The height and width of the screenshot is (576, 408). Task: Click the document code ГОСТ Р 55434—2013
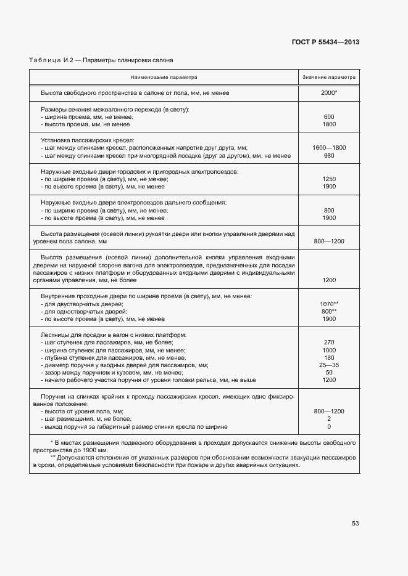coord(325,43)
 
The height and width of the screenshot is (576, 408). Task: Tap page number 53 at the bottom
coord(355,524)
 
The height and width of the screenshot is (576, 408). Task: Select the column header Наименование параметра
coord(164,78)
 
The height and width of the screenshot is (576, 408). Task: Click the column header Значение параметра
coord(328,78)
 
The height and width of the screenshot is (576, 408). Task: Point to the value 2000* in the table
coord(328,92)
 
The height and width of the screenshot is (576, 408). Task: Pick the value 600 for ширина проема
coord(328,116)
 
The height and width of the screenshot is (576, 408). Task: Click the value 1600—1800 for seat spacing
coord(328,148)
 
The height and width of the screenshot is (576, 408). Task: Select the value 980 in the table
coord(328,156)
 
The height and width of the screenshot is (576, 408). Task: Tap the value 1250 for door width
coord(328,179)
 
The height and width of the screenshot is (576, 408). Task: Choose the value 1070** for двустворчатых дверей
coord(328,304)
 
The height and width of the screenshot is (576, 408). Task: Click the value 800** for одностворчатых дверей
coord(328,312)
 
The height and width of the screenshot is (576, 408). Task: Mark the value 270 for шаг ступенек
coord(328,343)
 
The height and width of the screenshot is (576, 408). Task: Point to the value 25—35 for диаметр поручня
coord(328,365)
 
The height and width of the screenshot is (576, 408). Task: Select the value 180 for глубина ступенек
coord(328,358)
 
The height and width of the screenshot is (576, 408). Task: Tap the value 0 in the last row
coord(328,426)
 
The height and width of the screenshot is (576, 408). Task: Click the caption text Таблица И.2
coord(51,60)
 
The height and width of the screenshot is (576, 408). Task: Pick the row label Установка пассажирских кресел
coord(87,140)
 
